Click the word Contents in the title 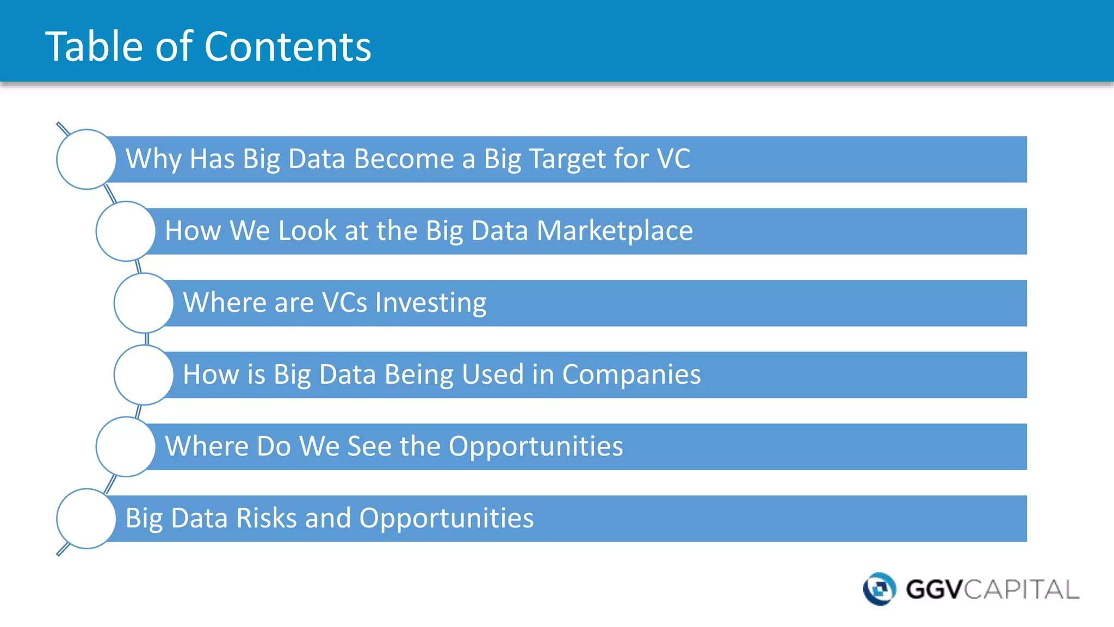288,47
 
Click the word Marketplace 615,231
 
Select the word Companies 632,375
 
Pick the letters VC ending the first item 673,159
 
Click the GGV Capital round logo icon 880,589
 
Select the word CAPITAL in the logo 1022,589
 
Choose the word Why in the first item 154,159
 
